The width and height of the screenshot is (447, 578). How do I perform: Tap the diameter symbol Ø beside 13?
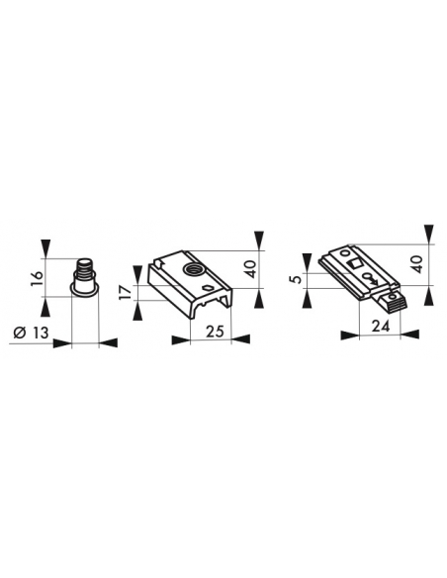20,333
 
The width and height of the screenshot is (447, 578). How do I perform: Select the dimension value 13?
41,333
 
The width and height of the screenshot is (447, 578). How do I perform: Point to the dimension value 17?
127,292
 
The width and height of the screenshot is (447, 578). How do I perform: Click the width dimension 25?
215,332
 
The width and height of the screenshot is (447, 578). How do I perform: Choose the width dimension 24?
381,326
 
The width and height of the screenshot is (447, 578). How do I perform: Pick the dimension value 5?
296,278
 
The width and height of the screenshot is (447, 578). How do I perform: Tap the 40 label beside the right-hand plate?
417,264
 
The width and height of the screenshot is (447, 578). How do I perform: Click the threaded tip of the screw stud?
85,266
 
